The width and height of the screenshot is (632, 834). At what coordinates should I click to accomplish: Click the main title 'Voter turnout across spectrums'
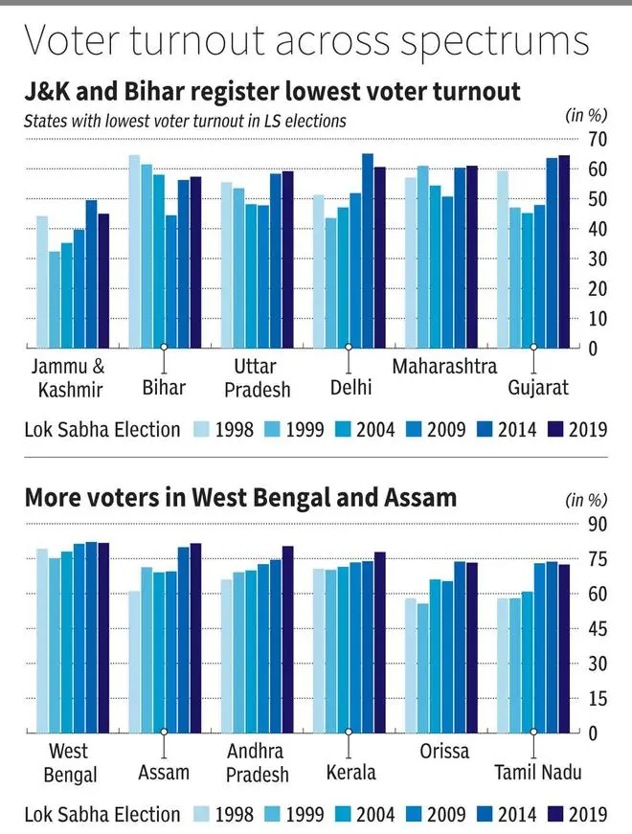pos(306,43)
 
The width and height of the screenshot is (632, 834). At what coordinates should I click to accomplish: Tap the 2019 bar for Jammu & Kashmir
pos(103,282)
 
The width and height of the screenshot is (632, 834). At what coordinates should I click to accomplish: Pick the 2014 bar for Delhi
pos(367,251)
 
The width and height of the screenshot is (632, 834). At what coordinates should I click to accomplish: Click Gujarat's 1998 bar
pos(503,259)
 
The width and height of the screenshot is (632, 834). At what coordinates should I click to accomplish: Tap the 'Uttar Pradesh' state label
pos(255,377)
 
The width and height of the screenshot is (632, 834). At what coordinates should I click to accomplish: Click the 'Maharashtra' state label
pos(444,367)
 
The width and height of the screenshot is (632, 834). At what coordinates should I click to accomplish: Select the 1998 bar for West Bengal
pos(42,642)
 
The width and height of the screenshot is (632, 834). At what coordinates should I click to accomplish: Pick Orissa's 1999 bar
pos(422,668)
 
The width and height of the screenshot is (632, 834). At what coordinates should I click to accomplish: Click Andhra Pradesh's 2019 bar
pos(287,640)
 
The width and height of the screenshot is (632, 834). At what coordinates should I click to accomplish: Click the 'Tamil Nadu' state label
pos(533,772)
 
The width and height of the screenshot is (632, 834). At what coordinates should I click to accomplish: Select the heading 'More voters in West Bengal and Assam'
pos(240,499)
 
